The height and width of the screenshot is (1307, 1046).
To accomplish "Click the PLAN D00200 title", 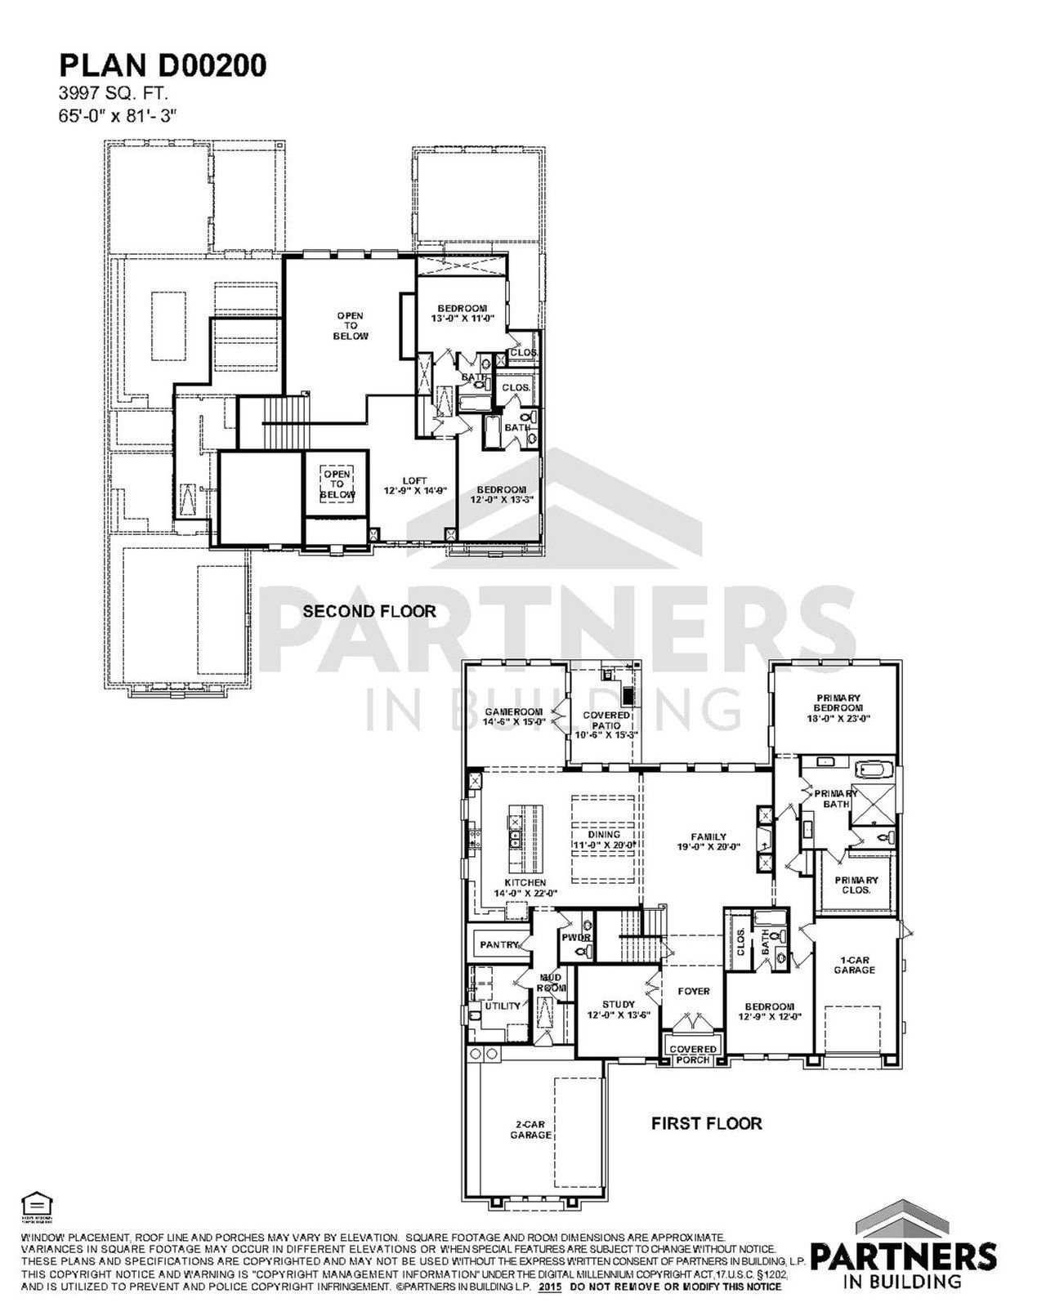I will point(162,66).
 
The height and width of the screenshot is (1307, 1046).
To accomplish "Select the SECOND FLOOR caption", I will point(369,611).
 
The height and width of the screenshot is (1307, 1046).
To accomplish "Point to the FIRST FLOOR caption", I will point(706,1123).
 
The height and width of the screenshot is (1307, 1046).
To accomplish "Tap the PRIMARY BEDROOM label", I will point(838,708).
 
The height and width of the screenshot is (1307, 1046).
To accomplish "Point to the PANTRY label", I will point(499,945).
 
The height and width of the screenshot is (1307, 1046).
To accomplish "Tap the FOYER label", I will point(694,992).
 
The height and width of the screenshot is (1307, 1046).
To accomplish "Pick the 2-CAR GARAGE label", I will point(530,1130).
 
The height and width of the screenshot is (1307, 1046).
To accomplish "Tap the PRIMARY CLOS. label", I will point(856,885).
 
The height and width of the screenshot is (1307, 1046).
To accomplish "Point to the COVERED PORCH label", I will point(693,1055).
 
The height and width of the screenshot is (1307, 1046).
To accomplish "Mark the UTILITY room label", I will point(502,1006).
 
